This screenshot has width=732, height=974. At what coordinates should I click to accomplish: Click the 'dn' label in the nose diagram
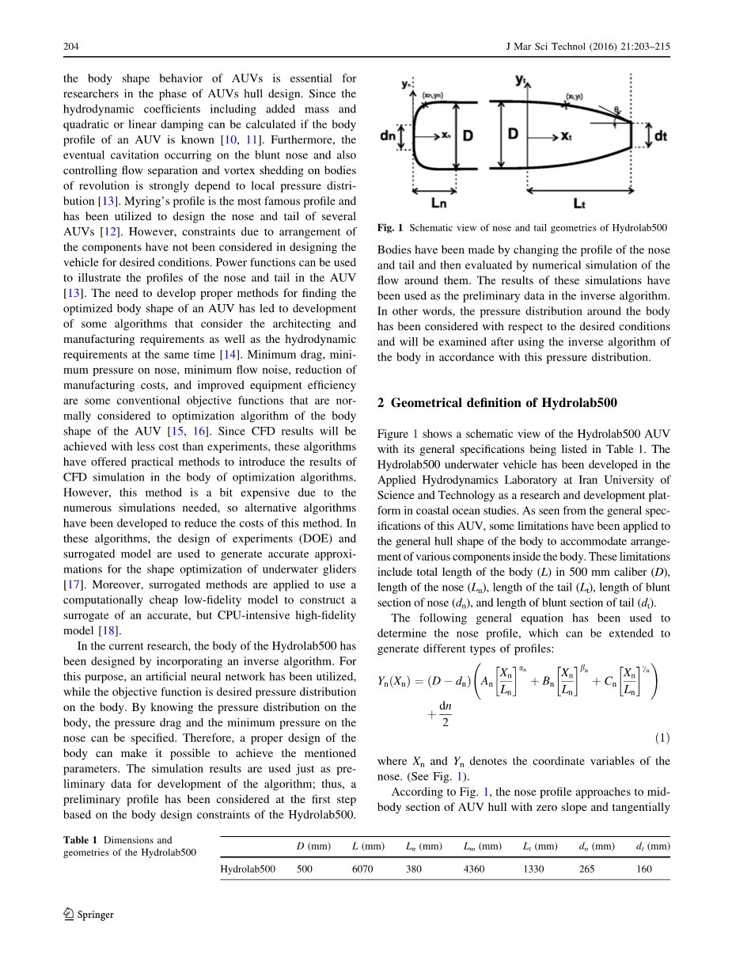[x=388, y=136]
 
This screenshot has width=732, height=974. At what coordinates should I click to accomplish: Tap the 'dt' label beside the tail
[x=660, y=136]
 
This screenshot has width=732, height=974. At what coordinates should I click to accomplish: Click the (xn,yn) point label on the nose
[x=433, y=95]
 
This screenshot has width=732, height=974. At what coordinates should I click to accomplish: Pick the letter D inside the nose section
[x=468, y=136]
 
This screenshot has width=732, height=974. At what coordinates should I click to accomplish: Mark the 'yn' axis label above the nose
[x=407, y=82]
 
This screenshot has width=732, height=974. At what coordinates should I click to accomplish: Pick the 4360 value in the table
[x=474, y=869]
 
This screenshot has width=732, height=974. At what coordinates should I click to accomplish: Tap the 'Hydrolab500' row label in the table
[x=248, y=869]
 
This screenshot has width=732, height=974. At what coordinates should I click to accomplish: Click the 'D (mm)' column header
[x=313, y=846]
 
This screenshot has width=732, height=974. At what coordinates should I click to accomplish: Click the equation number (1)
[x=662, y=738]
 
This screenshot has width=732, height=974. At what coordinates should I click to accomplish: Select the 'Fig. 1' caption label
[x=385, y=227]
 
